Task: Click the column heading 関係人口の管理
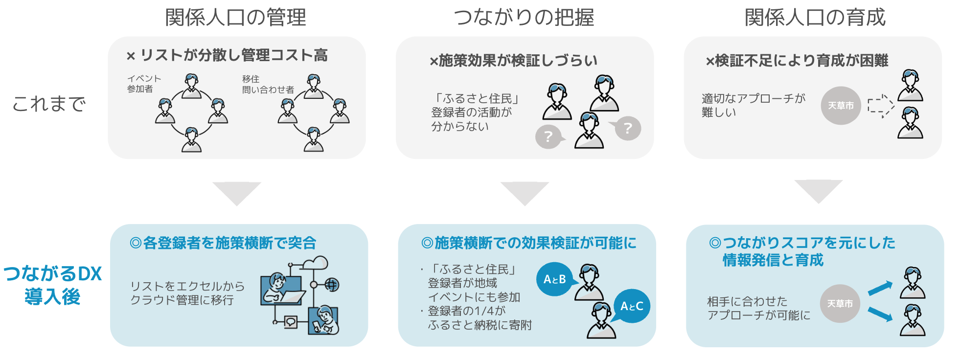coord(235,18)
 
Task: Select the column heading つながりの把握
coord(524,18)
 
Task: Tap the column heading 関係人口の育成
coord(815,18)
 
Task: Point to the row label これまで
coord(49,104)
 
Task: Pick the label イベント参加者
coord(144,84)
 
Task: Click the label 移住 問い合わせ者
coord(268,84)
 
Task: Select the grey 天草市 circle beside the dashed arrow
coord(841,106)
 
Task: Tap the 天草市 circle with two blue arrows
coord(840,304)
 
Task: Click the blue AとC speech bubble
coord(632,306)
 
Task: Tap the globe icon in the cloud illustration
coord(332,284)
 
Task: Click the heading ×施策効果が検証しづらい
coord(513,61)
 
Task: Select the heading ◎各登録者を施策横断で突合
coord(223,243)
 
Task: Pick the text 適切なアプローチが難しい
coord(753,105)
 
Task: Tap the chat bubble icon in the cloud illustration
coord(291,322)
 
